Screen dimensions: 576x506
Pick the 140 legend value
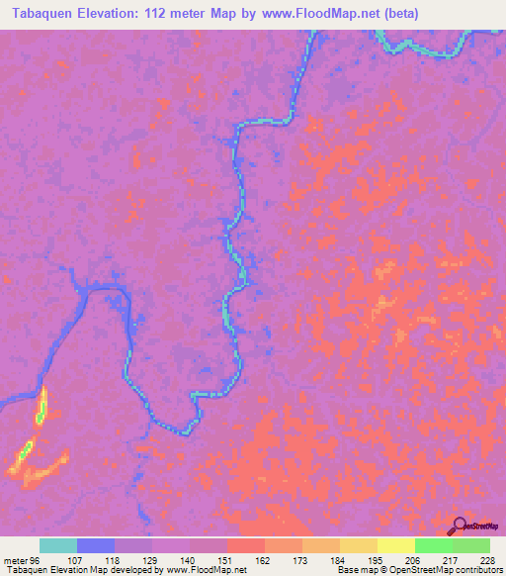189,560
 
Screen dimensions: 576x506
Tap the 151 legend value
226,560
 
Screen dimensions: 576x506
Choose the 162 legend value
264,560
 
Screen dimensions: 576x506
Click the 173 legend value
301,560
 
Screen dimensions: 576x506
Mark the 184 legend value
339,560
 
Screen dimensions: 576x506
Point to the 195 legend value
377,560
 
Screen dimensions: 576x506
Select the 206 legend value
414,560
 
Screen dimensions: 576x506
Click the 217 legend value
452,560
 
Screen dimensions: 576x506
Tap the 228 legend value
487,560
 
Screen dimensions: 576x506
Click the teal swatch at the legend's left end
57,545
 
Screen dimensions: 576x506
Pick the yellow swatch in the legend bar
395,545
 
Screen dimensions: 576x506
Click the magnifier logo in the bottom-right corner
462,528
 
